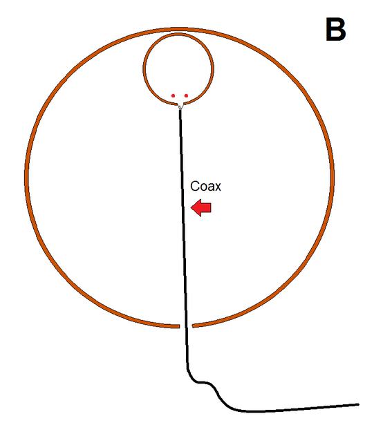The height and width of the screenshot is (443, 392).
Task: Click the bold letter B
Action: pyautogui.click(x=336, y=30)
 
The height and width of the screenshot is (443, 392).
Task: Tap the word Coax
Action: pyautogui.click(x=205, y=186)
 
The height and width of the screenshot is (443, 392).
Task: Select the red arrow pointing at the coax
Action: pyautogui.click(x=201, y=208)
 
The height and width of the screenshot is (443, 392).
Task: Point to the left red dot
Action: pyautogui.click(x=174, y=96)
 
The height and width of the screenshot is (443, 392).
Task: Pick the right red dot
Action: pyautogui.click(x=186, y=96)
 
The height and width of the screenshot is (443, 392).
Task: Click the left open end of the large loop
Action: pyautogui.click(x=178, y=326)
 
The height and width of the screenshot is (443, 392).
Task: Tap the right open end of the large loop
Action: pyautogui.click(x=194, y=326)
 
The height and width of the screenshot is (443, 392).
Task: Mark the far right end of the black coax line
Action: pyautogui.click(x=358, y=404)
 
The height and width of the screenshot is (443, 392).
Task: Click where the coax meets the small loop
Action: pyautogui.click(x=180, y=108)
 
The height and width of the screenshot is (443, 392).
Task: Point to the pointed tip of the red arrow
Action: pyautogui.click(x=192, y=208)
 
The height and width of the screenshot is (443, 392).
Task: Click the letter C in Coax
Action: pyautogui.click(x=194, y=186)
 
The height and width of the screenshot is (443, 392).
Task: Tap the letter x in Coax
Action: pyautogui.click(x=218, y=188)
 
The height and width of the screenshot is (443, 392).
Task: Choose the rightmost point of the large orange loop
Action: pyautogui.click(x=333, y=175)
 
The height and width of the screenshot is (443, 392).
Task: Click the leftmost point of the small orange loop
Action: pyautogui.click(x=144, y=68)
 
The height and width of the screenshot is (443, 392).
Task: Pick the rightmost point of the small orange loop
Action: pyautogui.click(x=212, y=68)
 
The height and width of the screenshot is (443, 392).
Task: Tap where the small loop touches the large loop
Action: pyautogui.click(x=178, y=32)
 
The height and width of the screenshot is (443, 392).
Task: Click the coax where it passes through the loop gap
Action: pyautogui.click(x=186, y=326)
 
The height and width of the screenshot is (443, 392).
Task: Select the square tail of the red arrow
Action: pyautogui.click(x=207, y=208)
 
